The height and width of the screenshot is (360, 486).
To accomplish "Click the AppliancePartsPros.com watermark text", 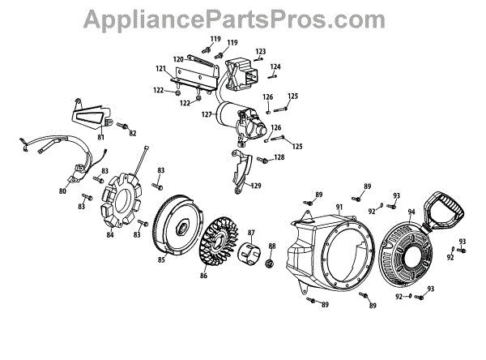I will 242,18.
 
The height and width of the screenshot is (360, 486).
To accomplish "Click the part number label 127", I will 207,114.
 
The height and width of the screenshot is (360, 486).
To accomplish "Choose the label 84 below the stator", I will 110,236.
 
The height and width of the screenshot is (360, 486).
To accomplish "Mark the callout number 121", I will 160,68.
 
